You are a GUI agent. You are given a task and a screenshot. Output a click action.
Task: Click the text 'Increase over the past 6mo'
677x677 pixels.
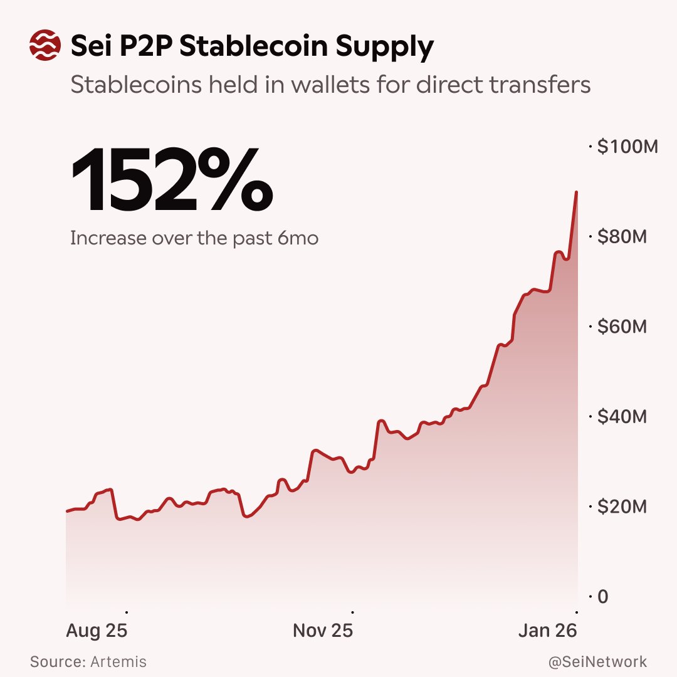(194, 239)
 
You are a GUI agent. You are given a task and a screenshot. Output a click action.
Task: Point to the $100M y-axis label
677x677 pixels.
(627, 147)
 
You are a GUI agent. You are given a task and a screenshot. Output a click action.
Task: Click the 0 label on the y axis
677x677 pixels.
(602, 597)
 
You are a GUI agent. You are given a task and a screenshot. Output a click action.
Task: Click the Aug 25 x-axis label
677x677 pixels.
(97, 631)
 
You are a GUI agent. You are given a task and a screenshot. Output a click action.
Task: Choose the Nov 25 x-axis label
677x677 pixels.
(323, 631)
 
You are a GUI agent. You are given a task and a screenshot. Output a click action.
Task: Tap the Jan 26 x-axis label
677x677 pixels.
(547, 631)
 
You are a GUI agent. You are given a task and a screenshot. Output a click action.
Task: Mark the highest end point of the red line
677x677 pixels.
(576, 192)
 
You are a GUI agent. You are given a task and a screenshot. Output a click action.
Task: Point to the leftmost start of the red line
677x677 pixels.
(67, 512)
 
